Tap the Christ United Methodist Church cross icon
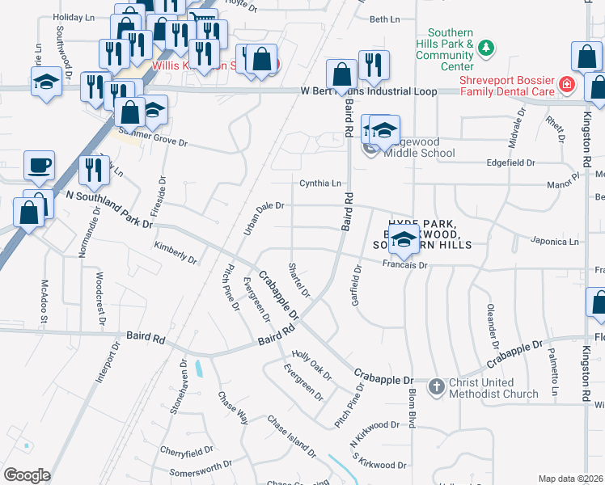[x=436, y=386]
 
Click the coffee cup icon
[x=39, y=166]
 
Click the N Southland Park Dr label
[x=109, y=209]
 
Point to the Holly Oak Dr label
[x=311, y=365]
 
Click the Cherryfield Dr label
[x=186, y=449]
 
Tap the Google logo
[x=27, y=475]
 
